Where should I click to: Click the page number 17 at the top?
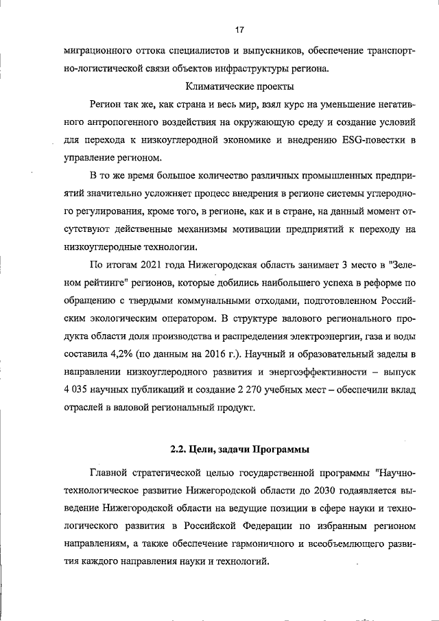click(239, 30)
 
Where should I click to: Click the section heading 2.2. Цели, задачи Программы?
click(239, 450)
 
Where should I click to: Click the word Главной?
click(113, 473)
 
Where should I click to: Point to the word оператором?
click(189, 318)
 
